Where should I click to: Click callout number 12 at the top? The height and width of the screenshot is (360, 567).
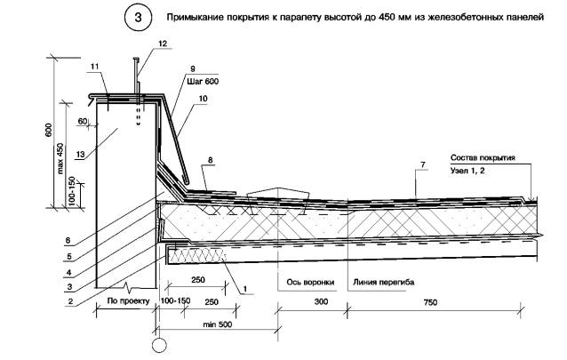pos(161,43)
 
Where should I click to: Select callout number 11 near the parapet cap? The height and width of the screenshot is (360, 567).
pos(93,68)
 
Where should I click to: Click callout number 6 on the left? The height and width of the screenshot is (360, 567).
pos(69,238)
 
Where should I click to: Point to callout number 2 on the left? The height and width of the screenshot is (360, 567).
pos(69,301)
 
